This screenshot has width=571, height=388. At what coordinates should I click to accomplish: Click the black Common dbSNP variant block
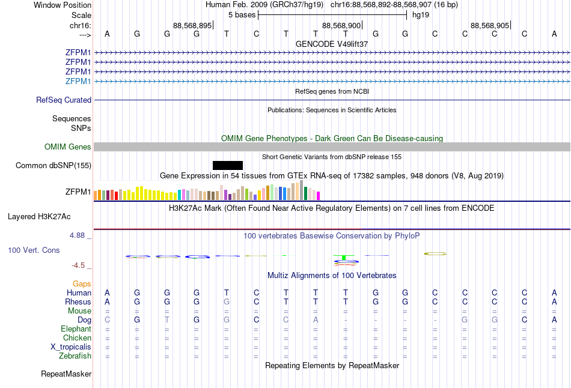pyautogui.click(x=228, y=165)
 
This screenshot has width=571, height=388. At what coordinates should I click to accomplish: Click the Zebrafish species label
pyautogui.click(x=75, y=356)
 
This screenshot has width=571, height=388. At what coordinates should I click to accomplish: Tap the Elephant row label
pyautogui.click(x=76, y=329)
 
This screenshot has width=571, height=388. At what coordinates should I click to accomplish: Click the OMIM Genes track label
pyautogui.click(x=67, y=147)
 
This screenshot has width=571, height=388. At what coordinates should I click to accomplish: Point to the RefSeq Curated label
pyautogui.click(x=64, y=100)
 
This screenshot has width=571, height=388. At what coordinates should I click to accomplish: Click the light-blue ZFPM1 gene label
pyautogui.click(x=78, y=81)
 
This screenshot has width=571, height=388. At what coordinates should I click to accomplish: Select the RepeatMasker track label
pyautogui.click(x=66, y=374)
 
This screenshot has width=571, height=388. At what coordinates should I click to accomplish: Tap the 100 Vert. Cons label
pyautogui.click(x=34, y=250)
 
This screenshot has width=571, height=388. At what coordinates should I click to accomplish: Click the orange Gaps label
pyautogui.click(x=82, y=283)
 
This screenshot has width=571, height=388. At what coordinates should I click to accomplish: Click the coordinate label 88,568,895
pyautogui.click(x=192, y=26)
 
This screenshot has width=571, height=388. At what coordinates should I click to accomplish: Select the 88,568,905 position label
pyautogui.click(x=490, y=26)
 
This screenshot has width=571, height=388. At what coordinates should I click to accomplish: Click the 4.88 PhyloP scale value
pyautogui.click(x=78, y=235)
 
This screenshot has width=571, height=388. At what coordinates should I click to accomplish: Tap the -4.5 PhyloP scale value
pyautogui.click(x=79, y=265)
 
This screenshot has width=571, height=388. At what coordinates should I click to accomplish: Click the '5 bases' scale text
pyautogui.click(x=242, y=14)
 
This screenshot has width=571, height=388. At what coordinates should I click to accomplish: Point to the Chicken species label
pyautogui.click(x=77, y=338)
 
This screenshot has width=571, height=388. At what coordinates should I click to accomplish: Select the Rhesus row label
pyautogui.click(x=78, y=302)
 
